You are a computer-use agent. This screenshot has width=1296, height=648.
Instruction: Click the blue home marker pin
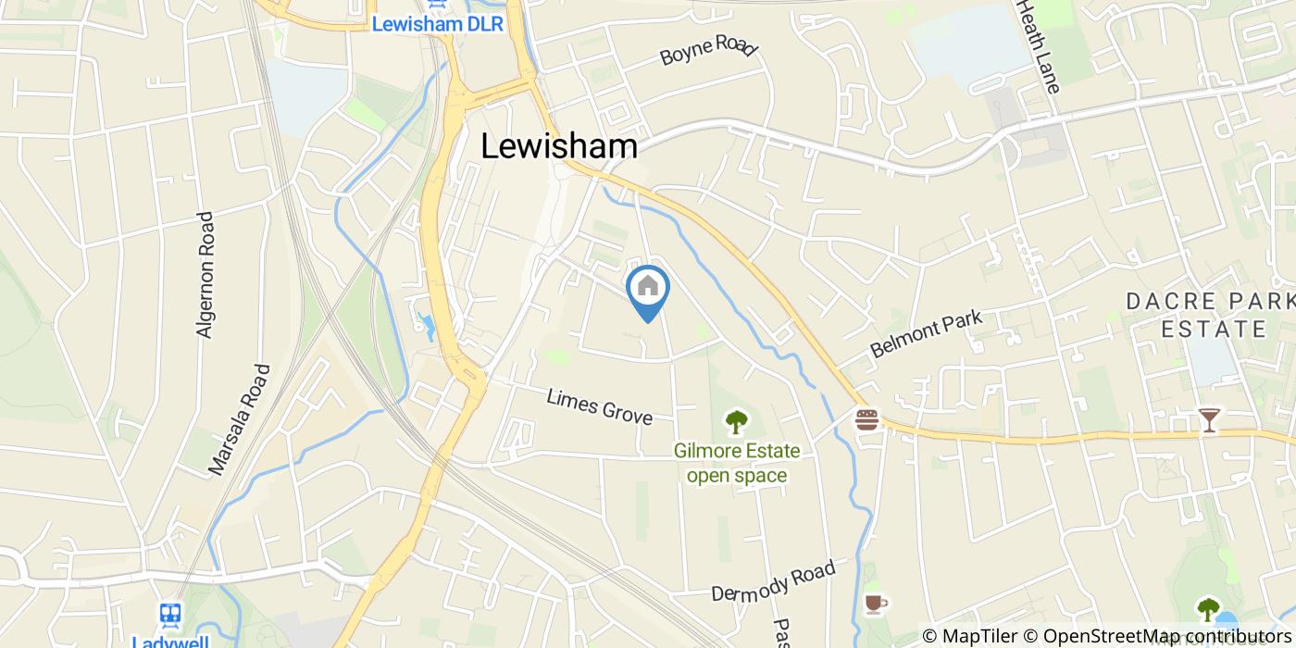coord(648,290)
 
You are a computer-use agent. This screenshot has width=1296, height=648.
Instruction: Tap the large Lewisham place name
coord(559,146)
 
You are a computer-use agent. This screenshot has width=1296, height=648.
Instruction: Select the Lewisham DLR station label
coord(437,24)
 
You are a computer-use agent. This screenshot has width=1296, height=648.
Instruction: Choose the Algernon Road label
coord(205,275)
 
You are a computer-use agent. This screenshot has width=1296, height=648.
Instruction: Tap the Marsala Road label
coord(239,419)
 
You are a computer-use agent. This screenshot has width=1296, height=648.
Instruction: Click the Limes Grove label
coord(599,405)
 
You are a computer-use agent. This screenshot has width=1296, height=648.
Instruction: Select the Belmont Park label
coord(926,335)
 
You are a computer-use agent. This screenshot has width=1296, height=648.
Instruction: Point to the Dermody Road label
coord(773,579)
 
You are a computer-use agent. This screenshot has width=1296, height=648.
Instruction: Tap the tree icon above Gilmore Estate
coord(737,422)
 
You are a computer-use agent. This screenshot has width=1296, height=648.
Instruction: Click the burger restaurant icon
coord(867,419)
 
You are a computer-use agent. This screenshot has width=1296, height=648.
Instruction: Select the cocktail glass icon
coord(1209,419)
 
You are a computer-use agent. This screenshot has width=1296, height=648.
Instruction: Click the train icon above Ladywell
coord(169,613)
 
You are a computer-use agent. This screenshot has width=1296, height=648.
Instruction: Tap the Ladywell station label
coord(170,641)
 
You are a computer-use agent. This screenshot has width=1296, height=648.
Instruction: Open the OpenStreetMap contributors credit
coord(1157,636)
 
